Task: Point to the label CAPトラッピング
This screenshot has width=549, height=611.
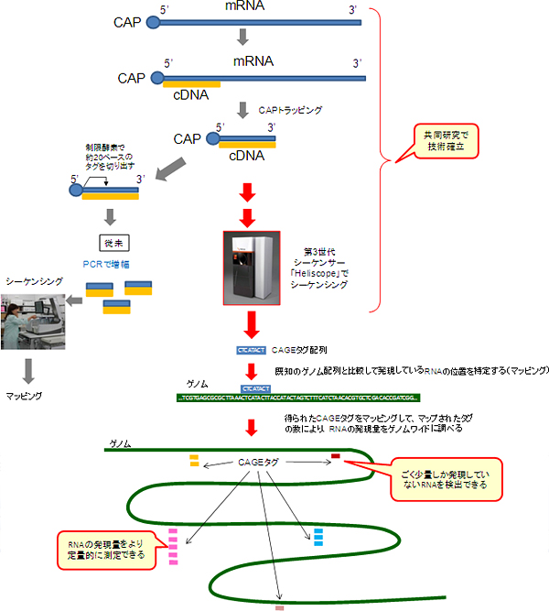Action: pos(290,109)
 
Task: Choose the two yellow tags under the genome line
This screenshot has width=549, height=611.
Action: pos(194,460)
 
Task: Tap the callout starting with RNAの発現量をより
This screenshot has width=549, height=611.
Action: pos(106,550)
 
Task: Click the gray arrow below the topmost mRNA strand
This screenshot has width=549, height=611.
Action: pos(242,38)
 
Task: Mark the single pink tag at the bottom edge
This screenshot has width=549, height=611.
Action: pos(280,606)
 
